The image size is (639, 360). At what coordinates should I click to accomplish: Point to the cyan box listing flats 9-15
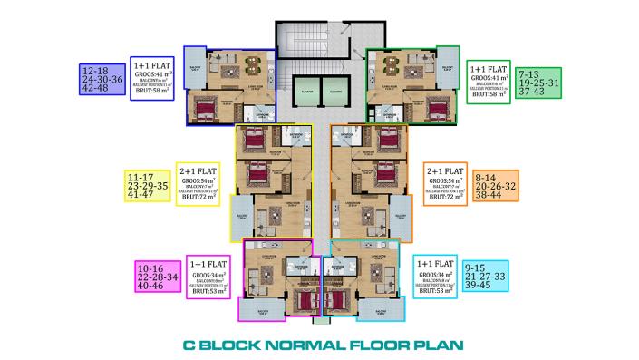tap(485, 277)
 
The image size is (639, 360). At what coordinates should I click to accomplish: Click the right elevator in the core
tap(335, 92)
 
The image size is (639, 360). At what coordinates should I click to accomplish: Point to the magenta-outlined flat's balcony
tap(261, 309)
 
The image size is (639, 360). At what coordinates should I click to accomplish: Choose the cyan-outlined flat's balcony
tap(379, 309)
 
